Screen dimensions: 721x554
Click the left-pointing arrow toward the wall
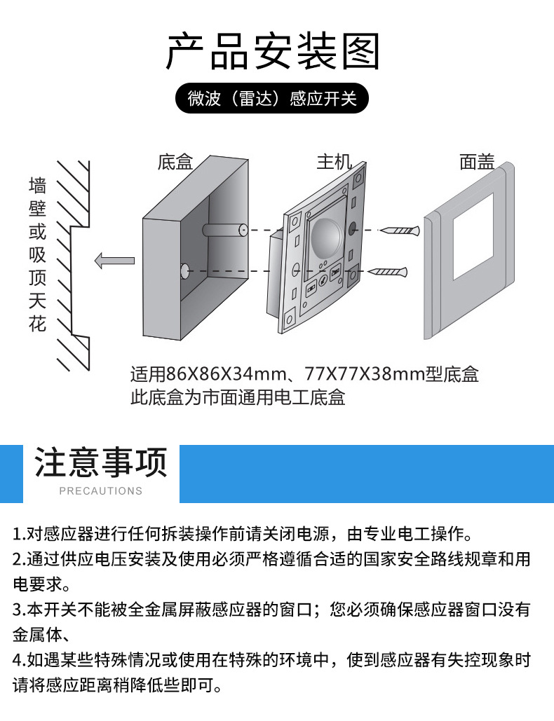point(114,261)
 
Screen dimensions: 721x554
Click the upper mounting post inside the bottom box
point(223,229)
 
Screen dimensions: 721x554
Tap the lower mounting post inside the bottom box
point(184,270)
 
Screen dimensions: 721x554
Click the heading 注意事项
point(101,463)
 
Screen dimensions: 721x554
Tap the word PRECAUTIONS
point(101,491)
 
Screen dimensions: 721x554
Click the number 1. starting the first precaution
point(19,535)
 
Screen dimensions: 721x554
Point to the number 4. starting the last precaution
point(19,660)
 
